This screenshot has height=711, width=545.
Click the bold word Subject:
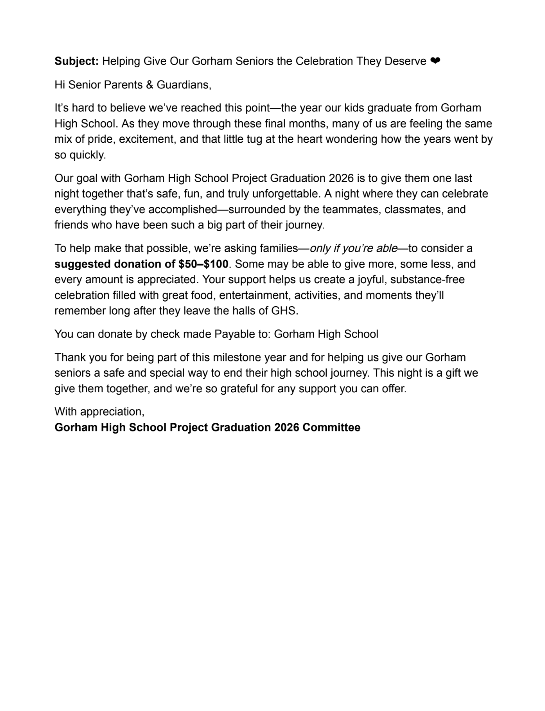(x=76, y=61)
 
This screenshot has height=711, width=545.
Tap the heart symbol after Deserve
(x=435, y=61)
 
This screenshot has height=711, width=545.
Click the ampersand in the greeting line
(x=150, y=84)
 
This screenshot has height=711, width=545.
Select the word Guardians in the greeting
(x=184, y=84)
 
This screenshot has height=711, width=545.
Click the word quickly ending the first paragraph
(x=87, y=155)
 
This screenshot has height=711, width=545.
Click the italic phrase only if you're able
(x=354, y=248)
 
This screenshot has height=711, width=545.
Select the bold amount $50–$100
(x=203, y=264)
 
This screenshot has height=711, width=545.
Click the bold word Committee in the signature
(x=331, y=427)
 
